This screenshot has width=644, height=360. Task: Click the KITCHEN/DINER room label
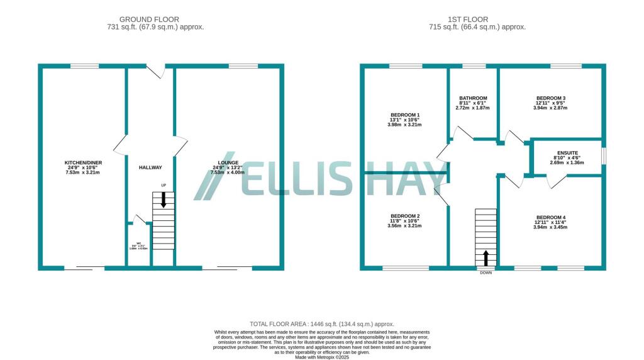click(x=84, y=163)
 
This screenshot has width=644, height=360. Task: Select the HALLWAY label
click(x=150, y=167)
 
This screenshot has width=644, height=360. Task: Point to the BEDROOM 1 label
click(x=405, y=115)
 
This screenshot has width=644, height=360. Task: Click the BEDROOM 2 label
click(x=405, y=216)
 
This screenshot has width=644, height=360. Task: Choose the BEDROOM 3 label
click(x=551, y=98)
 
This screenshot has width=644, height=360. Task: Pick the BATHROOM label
click(x=473, y=98)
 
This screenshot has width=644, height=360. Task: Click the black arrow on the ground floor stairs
click(x=164, y=200)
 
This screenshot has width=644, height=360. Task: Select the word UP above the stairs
click(x=164, y=185)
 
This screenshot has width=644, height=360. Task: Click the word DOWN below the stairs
click(x=486, y=273)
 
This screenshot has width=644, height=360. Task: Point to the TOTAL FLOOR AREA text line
click(x=322, y=322)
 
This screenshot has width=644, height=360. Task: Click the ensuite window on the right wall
click(x=604, y=156)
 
